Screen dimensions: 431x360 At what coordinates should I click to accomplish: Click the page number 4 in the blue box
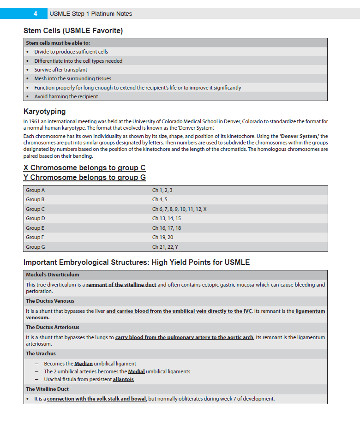tap(35, 13)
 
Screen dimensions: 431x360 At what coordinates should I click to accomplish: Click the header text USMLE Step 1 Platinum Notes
tap(90, 13)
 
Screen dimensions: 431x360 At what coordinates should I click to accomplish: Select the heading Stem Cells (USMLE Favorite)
tap(73, 31)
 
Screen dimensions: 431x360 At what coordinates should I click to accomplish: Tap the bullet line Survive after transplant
tap(60, 70)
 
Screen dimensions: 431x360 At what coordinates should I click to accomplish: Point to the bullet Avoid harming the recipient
tap(66, 96)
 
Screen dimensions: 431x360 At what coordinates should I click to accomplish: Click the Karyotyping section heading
tap(44, 111)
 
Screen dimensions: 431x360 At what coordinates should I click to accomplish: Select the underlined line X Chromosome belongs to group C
tap(84, 168)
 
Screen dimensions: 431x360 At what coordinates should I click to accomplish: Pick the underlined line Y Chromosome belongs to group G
tap(84, 178)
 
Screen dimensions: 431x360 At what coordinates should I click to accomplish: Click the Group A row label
tap(36, 190)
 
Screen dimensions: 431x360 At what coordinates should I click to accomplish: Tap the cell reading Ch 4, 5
tap(160, 199)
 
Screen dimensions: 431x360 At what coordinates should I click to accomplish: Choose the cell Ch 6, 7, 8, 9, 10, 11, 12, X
tap(179, 209)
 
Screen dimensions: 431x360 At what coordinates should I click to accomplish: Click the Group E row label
tap(36, 228)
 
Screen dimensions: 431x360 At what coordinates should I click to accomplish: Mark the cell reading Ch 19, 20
tap(162, 237)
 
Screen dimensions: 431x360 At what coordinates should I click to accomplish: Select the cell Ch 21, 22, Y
tap(165, 247)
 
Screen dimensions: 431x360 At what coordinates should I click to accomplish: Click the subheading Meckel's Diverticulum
tap(53, 275)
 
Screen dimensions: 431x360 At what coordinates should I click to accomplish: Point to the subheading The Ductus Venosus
tap(50, 301)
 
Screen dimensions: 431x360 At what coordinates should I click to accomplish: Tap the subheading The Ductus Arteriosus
tap(53, 327)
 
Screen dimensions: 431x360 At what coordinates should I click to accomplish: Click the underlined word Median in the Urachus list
tap(84, 364)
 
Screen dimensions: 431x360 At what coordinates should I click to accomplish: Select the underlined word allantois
tap(123, 379)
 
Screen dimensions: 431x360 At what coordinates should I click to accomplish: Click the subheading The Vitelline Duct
tap(47, 389)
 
